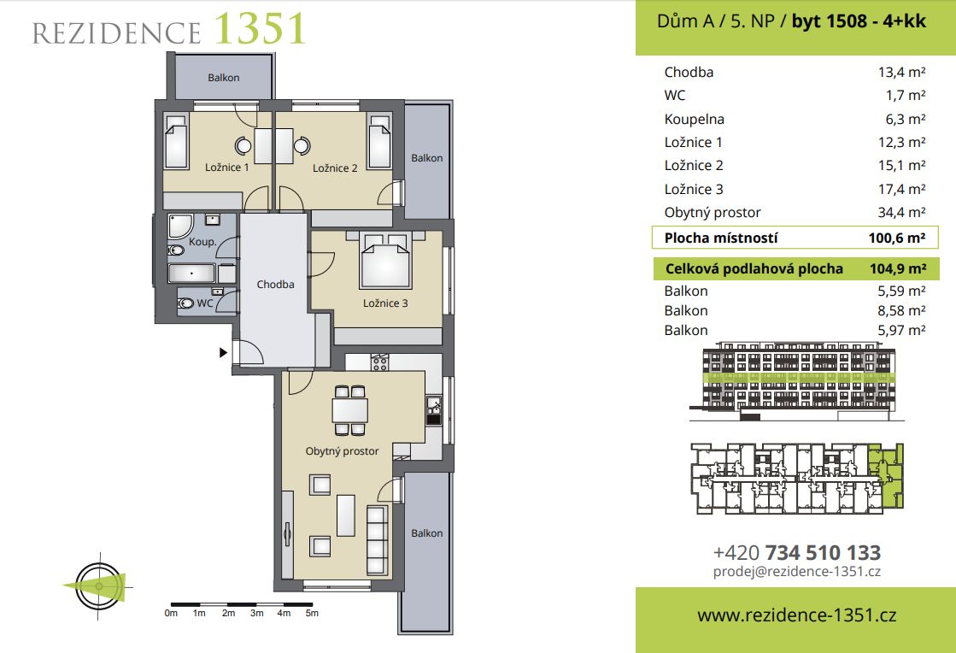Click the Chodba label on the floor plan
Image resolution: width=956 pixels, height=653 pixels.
tap(275, 284)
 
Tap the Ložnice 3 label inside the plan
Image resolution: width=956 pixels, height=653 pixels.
tap(385, 303)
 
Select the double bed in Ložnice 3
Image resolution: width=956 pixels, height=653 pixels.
tap(384, 261)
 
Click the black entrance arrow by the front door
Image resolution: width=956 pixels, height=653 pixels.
tap(223, 352)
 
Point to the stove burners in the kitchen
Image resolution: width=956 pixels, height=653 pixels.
tap(380, 362)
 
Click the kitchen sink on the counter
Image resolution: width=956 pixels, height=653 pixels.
tap(433, 409)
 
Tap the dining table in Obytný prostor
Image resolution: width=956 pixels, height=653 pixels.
tap(350, 409)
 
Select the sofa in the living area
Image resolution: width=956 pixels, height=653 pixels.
tap(378, 539)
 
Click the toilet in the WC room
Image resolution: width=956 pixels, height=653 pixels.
tap(186, 303)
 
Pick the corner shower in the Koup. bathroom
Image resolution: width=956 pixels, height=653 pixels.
tap(180, 226)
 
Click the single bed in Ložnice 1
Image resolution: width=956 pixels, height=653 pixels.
tap(176, 141)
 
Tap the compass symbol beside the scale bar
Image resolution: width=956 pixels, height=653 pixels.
tap(99, 586)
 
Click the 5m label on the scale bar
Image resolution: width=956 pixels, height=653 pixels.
tap(312, 614)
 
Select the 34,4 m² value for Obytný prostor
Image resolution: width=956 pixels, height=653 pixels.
tap(901, 212)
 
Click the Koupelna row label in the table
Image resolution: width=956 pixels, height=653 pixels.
tap(695, 119)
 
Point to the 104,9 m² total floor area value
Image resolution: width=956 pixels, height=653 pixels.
tap(898, 269)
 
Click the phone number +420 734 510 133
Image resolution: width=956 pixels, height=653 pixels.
tap(797, 553)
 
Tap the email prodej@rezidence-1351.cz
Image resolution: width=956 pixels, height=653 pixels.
tap(797, 572)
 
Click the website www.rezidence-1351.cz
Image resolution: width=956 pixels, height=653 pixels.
tap(797, 615)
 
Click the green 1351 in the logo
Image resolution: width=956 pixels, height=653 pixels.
tap(260, 29)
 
